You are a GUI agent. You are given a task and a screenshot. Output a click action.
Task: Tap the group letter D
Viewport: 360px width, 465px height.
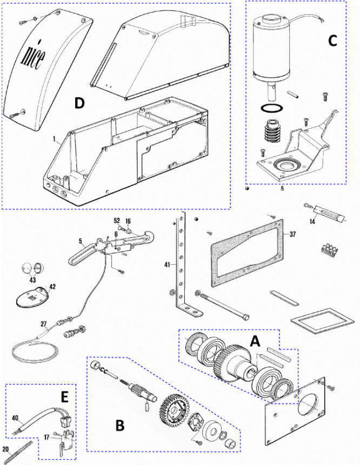click(x=79, y=103)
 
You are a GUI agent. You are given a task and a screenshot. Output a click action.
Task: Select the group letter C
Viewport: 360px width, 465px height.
click(x=332, y=41)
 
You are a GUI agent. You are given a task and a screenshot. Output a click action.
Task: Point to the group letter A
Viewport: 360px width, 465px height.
click(x=255, y=341)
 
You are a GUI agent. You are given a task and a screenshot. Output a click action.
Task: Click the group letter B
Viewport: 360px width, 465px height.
click(x=119, y=426)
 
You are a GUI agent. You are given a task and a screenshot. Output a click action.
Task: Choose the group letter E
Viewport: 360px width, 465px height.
click(x=65, y=397)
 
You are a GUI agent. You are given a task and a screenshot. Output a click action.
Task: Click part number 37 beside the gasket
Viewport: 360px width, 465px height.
click(x=292, y=234)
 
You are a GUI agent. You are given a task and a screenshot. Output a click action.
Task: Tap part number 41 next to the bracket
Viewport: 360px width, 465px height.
click(x=168, y=264)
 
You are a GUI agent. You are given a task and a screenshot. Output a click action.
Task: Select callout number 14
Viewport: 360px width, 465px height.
click(x=312, y=221)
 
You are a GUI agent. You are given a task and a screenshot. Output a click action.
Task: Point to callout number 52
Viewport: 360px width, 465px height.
click(x=117, y=221)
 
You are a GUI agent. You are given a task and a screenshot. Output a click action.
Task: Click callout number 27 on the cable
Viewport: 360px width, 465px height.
click(x=44, y=324)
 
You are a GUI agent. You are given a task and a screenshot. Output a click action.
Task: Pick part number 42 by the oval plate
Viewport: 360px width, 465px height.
click(x=52, y=287)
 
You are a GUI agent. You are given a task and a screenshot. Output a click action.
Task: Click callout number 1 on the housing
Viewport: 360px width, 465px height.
click(x=54, y=139)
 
